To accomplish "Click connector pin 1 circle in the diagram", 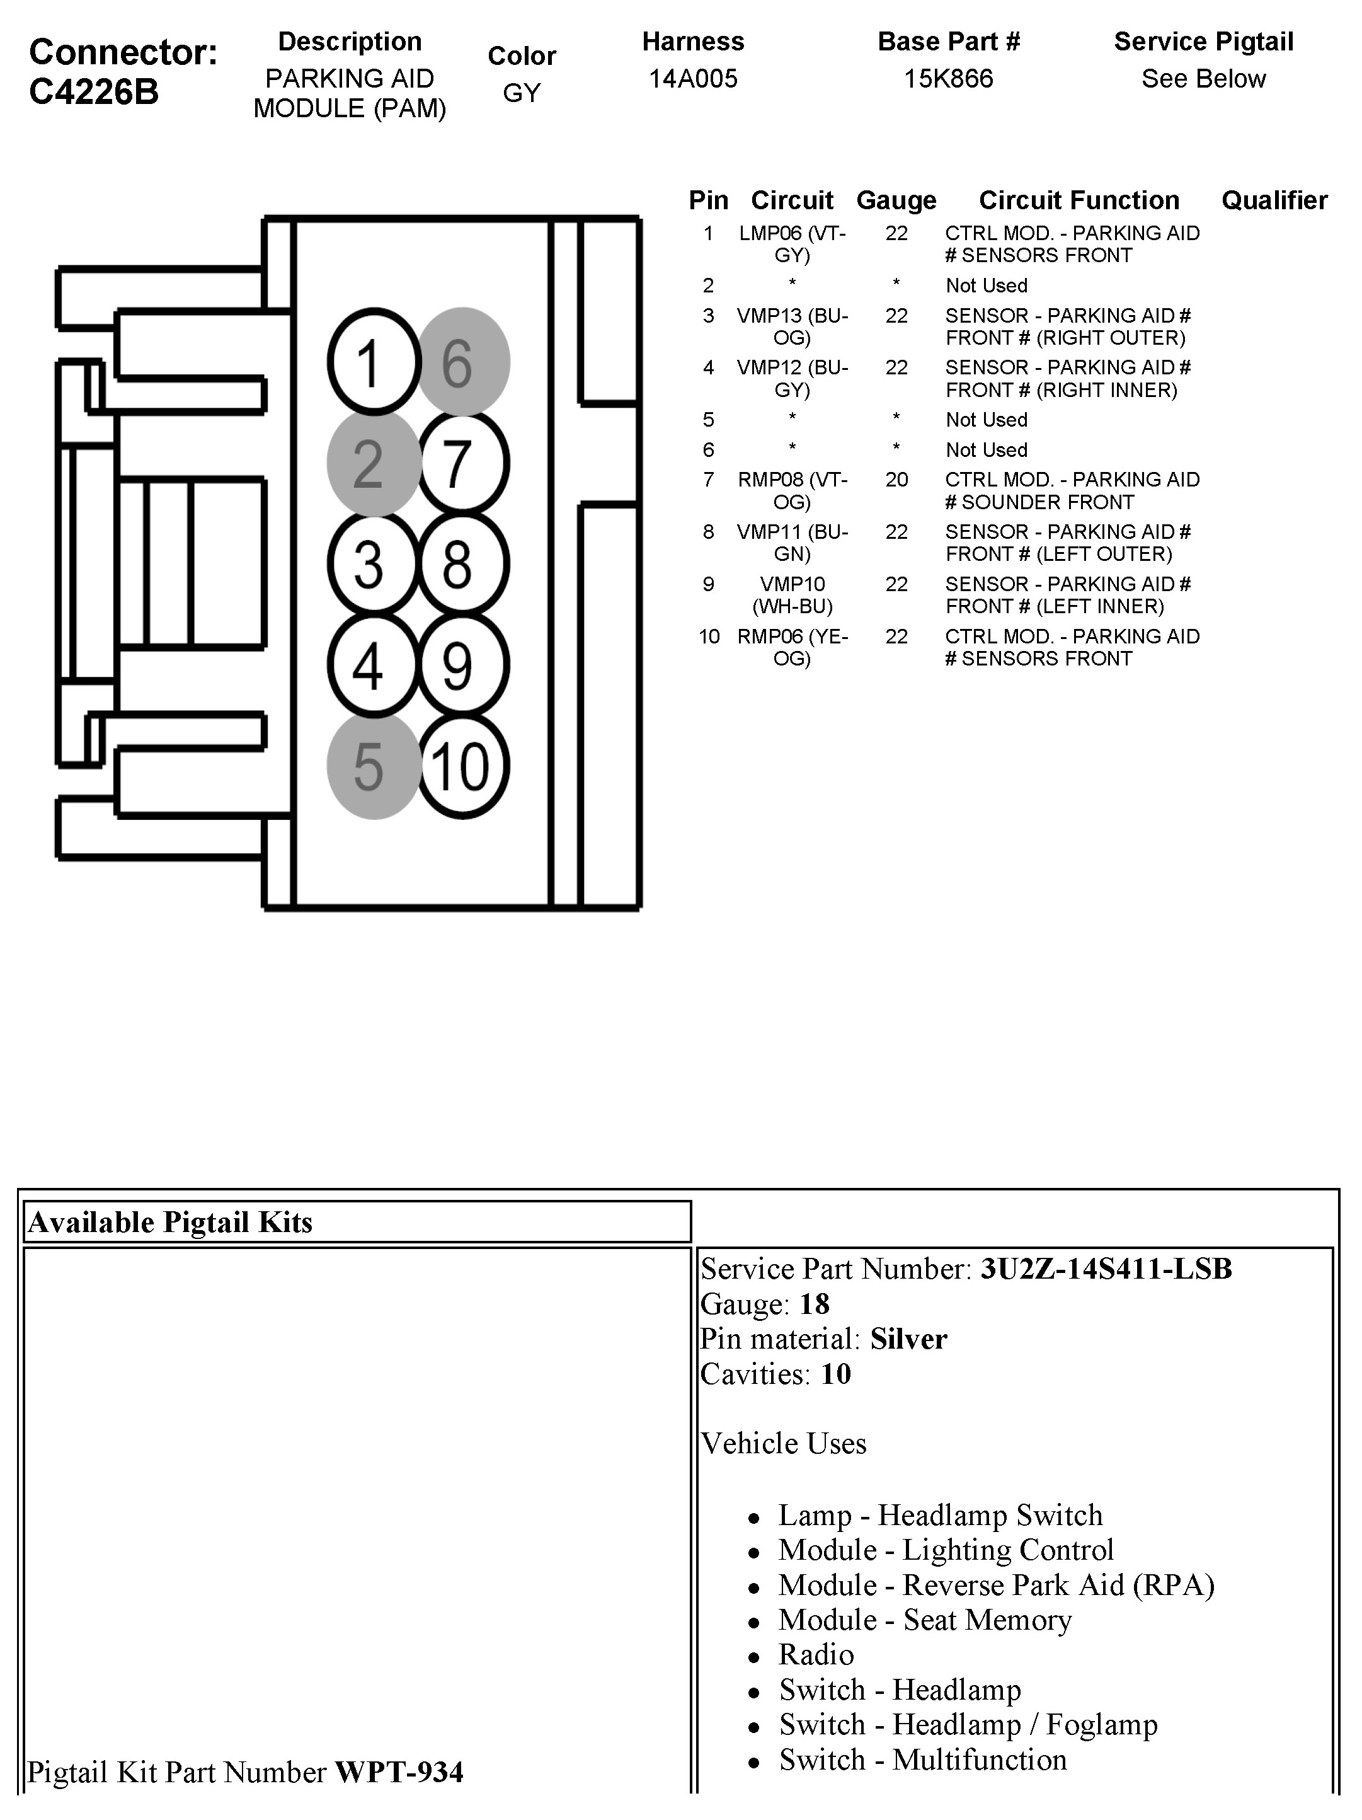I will tap(374, 361).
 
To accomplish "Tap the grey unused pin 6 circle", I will tap(463, 361).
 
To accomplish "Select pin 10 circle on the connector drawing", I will tap(463, 766).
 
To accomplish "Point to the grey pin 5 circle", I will tap(374, 766).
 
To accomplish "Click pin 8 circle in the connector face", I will tap(463, 565).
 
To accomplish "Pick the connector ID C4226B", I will tap(94, 92).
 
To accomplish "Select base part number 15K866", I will tap(947, 79).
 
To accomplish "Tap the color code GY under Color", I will tap(522, 93).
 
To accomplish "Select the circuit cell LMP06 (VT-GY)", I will tap(792, 245).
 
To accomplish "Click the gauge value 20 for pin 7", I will tap(896, 480).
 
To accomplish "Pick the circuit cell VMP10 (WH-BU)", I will tap(792, 595).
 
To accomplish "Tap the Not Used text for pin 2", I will tap(986, 285).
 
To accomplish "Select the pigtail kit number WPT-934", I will tap(399, 1771).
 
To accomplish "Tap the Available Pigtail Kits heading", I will tap(170, 1222).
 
